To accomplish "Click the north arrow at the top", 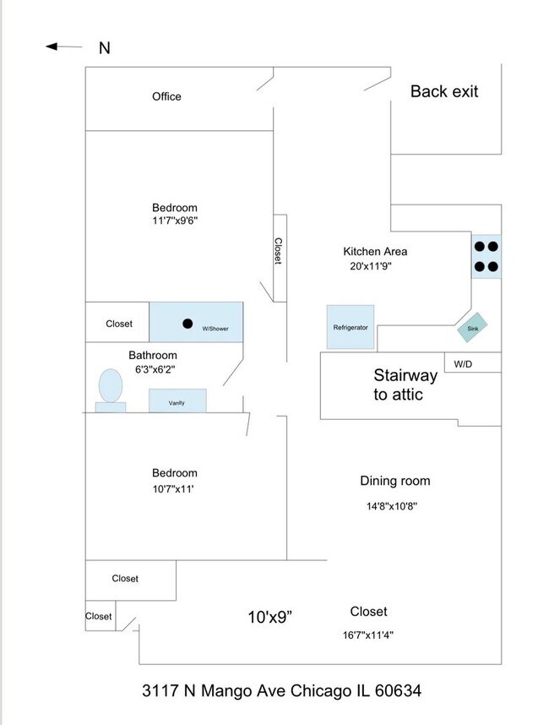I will [64, 46].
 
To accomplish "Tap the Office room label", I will [166, 96].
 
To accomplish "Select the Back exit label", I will [444, 91].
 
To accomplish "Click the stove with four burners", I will [486, 256].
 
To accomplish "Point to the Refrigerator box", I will [351, 326].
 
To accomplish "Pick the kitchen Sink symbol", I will [472, 328].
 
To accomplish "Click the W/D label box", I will [464, 363].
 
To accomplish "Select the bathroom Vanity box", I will [177, 401].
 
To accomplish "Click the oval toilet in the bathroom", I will [111, 387].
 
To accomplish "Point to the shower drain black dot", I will [188, 323].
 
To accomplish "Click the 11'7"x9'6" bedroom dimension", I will [175, 221].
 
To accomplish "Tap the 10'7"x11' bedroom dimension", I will [174, 488].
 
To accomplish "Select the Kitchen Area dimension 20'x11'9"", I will [371, 265].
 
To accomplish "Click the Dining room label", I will [395, 481].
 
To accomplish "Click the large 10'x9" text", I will [269, 617].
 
